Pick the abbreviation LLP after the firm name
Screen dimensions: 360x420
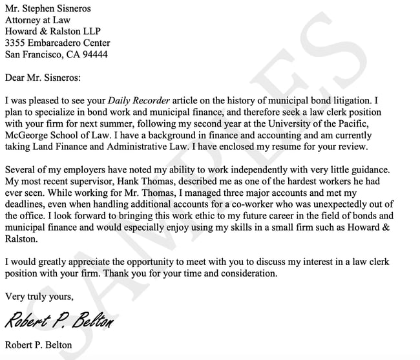(x=90, y=32)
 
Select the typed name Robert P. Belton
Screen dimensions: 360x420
(x=38, y=344)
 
